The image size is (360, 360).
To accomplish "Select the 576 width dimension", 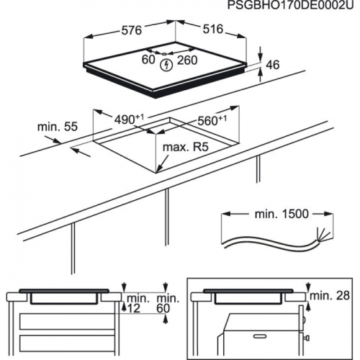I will [x=130, y=32].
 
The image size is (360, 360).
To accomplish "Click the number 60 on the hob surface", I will [x=148, y=61].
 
